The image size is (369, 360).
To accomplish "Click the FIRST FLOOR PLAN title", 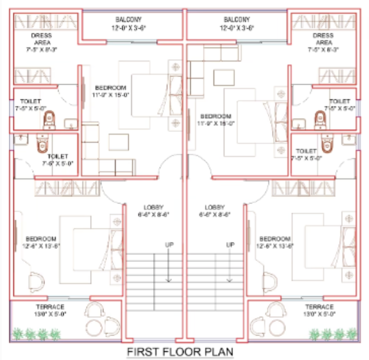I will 181,351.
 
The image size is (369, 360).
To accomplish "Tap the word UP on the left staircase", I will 168,245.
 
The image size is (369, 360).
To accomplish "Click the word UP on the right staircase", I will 230,245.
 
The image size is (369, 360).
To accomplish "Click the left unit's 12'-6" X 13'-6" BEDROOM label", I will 42,242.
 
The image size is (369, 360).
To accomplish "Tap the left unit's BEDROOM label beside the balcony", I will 111,91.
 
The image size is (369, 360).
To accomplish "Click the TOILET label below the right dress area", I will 340,105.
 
